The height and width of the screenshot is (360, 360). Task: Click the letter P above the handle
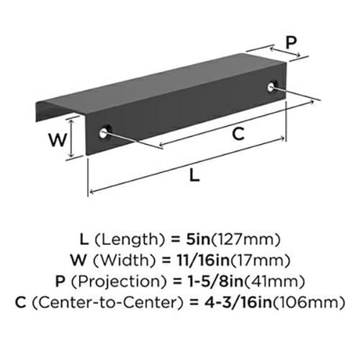pos(291,42)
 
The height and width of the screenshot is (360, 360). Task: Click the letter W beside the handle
pos(58,140)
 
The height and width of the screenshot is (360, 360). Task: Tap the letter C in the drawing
pos(238,134)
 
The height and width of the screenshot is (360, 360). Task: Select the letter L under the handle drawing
pos(194,175)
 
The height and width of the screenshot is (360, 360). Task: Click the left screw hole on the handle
pos(104,132)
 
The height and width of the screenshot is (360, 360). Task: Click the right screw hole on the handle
pos(271,87)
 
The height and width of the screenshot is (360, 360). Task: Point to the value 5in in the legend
pos(198,239)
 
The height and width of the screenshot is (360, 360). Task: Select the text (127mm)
pos(246,240)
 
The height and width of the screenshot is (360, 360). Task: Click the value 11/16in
pos(203,260)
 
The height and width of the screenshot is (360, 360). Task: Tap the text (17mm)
pos(260,261)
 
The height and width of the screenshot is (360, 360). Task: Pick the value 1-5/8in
pos(216,281)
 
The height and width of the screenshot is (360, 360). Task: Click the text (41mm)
pos(274,282)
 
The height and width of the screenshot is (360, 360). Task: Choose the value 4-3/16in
pos(238,302)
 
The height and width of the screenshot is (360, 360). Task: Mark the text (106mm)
pos(309,302)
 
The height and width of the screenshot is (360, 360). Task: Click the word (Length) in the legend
pos(130,240)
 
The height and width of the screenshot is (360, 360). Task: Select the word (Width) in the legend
pos(125,261)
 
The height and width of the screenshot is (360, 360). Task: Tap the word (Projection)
pos(119,282)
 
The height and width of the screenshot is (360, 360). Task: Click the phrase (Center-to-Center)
pos(108,302)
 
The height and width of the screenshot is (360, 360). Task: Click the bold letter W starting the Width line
pos(78,260)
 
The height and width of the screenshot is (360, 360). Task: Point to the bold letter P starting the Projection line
pos(60,281)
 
